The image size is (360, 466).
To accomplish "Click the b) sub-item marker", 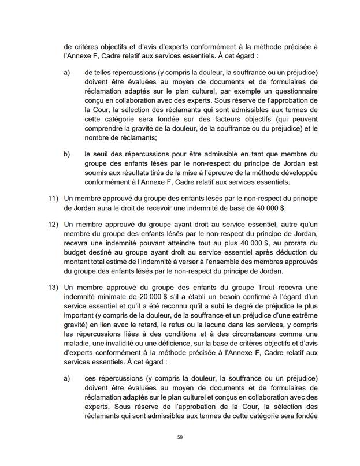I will click(66, 154).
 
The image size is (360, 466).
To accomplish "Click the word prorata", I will click(302, 241).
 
